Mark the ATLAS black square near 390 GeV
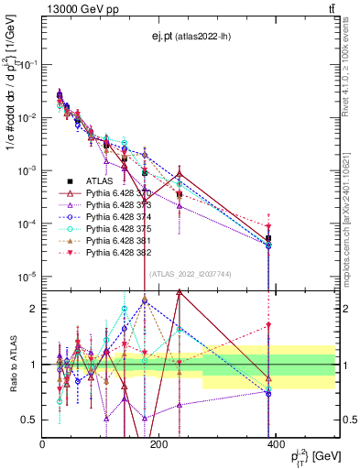click(268, 238)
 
